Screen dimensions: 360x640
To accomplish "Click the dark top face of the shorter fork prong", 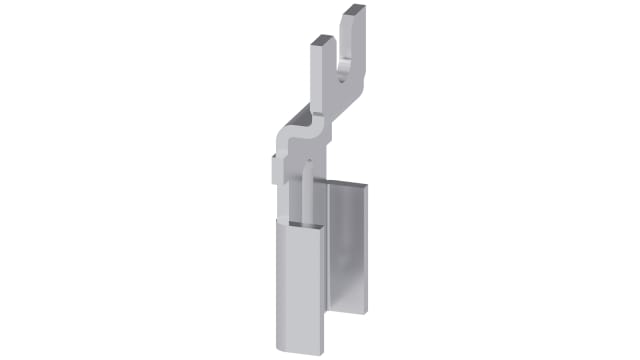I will (319, 41).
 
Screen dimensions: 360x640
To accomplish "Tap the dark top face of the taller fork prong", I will (352, 10).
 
